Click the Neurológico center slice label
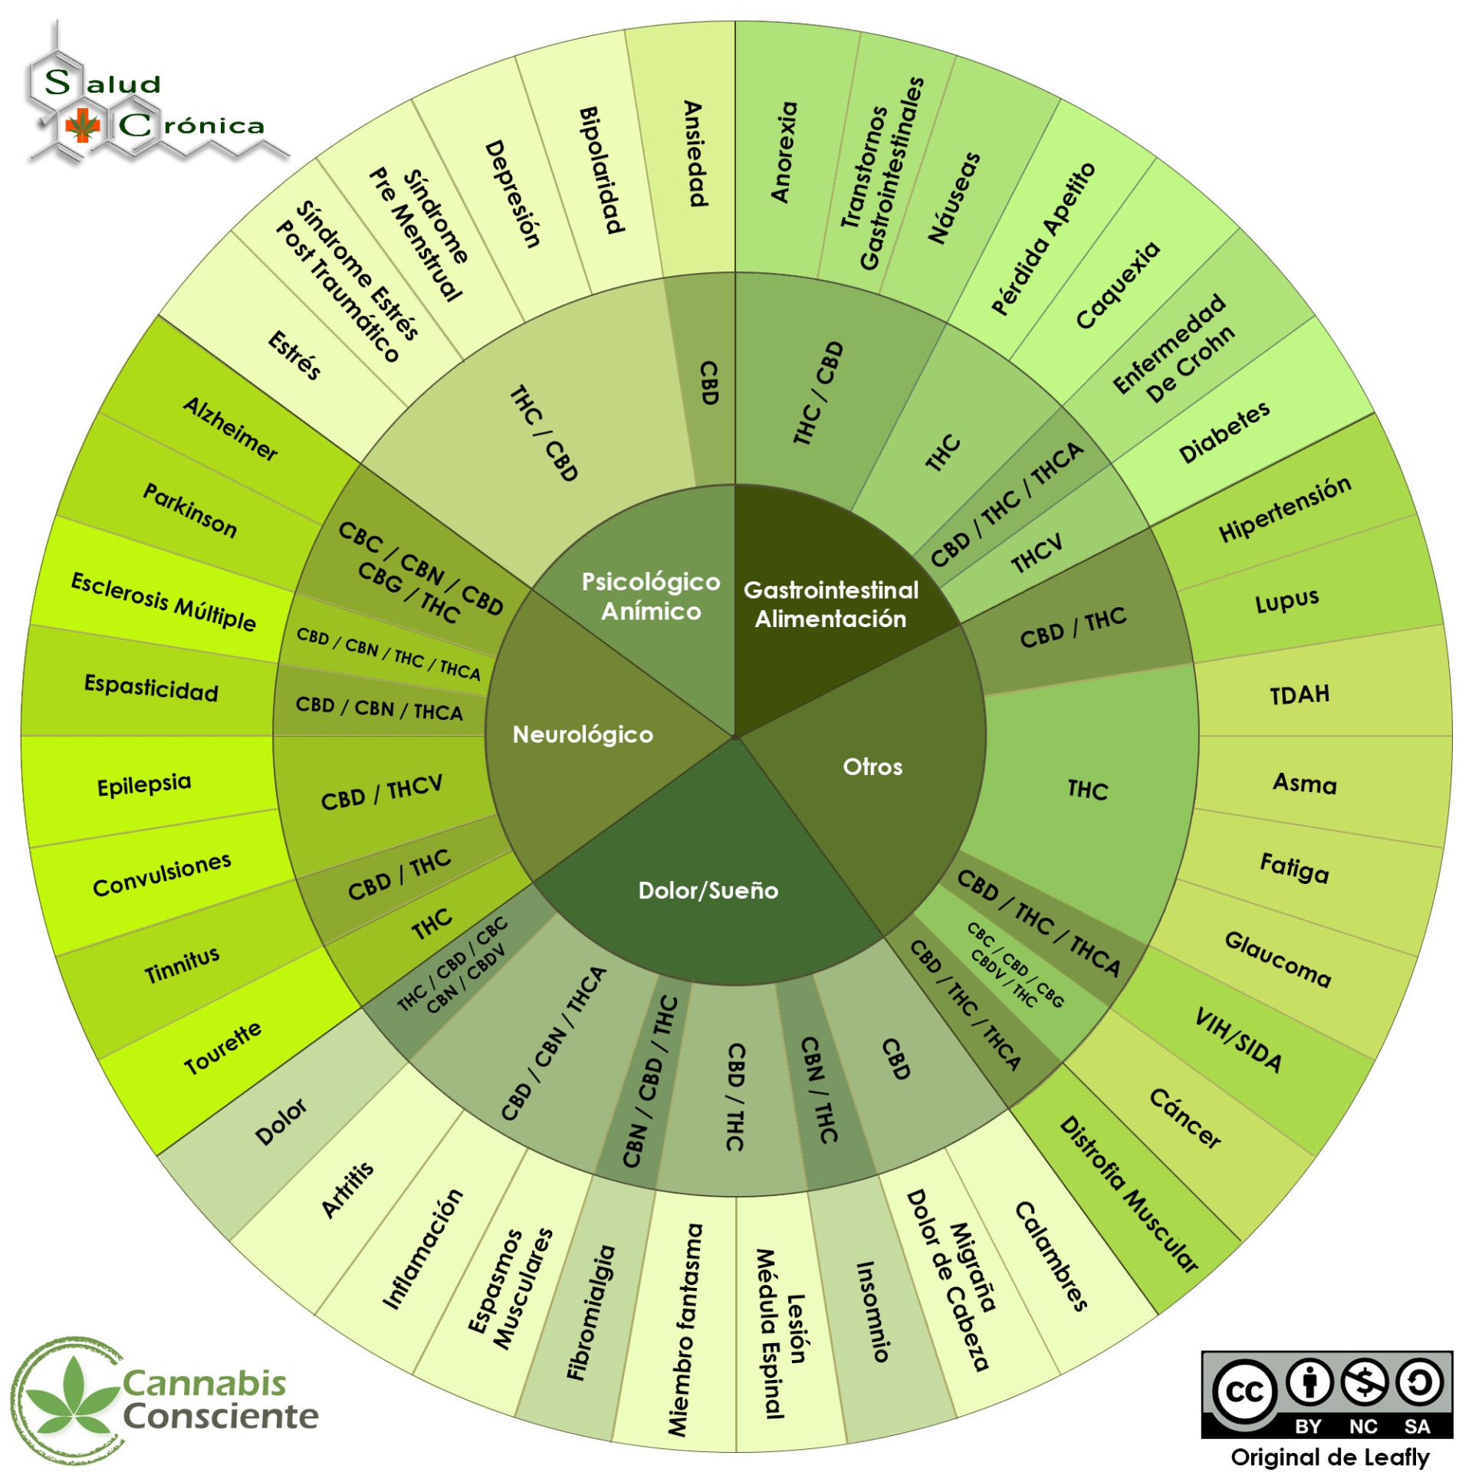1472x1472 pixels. click(x=583, y=734)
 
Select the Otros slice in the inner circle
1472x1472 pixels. click(x=872, y=767)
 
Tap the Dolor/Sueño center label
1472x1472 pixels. click(x=708, y=890)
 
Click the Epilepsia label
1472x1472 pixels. click(x=144, y=785)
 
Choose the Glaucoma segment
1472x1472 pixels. click(x=1277, y=958)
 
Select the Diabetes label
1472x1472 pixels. click(x=1224, y=432)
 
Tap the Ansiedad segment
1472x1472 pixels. click(x=694, y=153)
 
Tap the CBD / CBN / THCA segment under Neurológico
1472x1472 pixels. click(x=379, y=708)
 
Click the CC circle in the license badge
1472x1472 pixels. click(x=1244, y=1390)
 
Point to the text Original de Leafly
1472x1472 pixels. click(x=1329, y=1456)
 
